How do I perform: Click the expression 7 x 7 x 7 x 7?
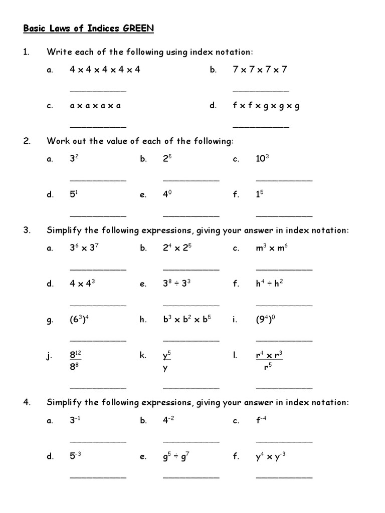260,70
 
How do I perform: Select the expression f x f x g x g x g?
266,106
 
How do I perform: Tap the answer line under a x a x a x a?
98,127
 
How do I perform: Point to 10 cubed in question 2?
263,159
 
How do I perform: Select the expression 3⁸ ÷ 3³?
177,284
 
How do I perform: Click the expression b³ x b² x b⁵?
187,320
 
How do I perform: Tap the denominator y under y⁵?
165,368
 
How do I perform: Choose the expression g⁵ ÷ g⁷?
177,456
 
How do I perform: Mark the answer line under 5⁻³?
98,477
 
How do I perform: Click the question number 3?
27,230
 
